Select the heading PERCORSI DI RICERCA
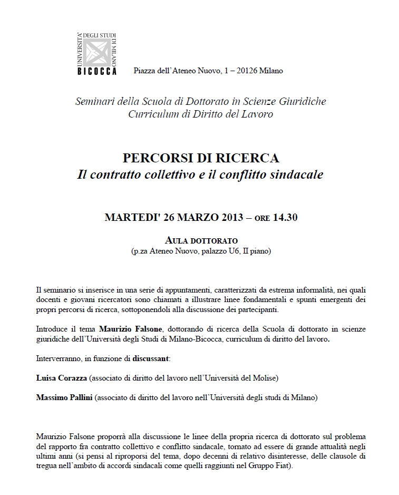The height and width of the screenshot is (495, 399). click(x=201, y=158)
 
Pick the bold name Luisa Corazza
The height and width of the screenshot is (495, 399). click(x=61, y=378)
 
